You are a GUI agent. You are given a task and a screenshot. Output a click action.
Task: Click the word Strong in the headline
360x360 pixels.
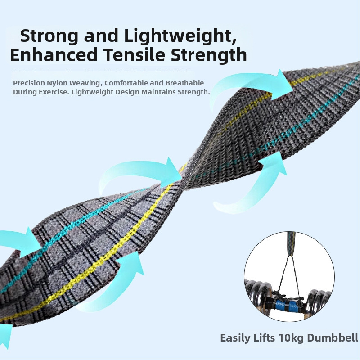49,36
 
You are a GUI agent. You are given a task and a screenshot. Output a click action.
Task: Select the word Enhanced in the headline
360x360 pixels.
54,54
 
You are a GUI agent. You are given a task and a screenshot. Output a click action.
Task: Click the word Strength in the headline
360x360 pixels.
209,54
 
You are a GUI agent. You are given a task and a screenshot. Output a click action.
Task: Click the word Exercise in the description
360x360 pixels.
53,92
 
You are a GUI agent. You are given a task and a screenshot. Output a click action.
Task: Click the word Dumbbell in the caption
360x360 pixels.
333,338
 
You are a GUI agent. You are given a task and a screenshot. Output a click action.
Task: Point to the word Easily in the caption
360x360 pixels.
235,338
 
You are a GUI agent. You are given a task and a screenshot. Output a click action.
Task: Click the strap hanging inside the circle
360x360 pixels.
291,243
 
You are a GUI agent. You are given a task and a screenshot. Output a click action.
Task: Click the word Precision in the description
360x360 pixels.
29,83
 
